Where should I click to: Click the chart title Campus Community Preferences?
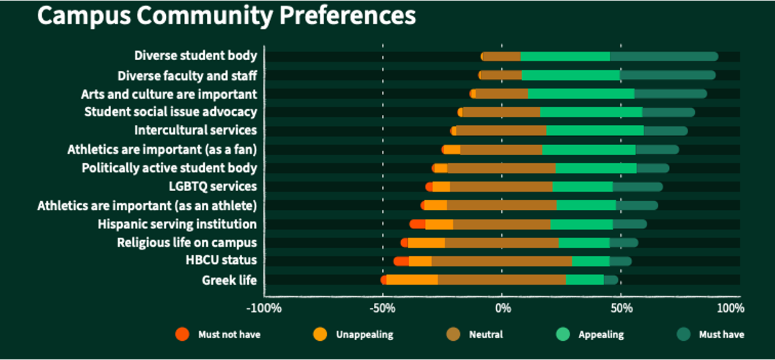tap(227, 16)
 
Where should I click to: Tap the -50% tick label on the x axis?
tap(383, 308)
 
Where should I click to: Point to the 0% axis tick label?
tap(503, 308)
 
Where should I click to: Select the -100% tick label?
tap(264, 308)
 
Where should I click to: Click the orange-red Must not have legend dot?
tap(183, 334)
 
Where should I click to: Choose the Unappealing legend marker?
tap(320, 334)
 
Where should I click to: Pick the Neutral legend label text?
tap(486, 335)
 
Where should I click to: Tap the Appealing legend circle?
tap(563, 334)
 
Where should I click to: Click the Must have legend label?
tap(722, 335)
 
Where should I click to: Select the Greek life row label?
tap(229, 280)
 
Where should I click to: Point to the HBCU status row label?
tap(221, 260)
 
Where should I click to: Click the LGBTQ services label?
tap(213, 186)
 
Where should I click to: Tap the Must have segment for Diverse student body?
tap(664, 56)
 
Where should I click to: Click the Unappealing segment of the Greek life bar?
tap(412, 280)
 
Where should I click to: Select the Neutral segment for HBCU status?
tap(502, 261)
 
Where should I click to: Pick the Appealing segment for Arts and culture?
tap(581, 94)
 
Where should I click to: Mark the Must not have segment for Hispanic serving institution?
tap(417, 224)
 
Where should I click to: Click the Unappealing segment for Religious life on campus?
tap(426, 243)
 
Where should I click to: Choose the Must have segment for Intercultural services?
tap(666, 131)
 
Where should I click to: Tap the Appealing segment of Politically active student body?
tap(596, 168)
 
